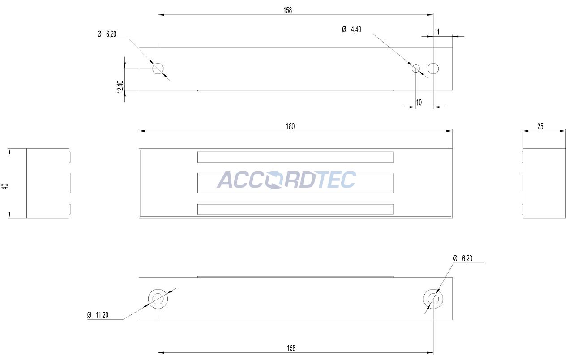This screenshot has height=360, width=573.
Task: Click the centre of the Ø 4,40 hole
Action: click(416, 69)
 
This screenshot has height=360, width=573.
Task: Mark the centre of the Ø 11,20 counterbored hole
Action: click(158, 299)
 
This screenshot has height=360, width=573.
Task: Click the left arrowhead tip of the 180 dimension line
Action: click(139, 131)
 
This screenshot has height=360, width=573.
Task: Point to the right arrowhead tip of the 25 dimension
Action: click(565, 131)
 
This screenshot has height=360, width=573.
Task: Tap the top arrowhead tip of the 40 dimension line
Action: click(9, 148)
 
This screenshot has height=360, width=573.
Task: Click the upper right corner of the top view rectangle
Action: click(452, 47)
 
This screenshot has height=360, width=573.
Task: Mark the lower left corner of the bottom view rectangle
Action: click(139, 320)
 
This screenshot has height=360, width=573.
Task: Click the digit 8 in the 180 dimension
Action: click(290, 126)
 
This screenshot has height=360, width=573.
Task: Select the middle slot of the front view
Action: click(295, 183)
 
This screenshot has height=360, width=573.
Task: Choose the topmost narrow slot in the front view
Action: click(295, 157)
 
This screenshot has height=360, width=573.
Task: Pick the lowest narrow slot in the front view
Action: click(295, 209)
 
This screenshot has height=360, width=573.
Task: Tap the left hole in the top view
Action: click(158, 69)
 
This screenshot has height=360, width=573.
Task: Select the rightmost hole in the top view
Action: click(433, 69)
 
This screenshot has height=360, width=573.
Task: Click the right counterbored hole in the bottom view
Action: click(433, 299)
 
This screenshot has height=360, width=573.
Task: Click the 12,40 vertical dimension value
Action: click(120, 87)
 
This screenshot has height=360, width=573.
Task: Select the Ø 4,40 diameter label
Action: click(352, 30)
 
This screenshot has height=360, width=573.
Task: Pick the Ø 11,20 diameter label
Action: click(98, 315)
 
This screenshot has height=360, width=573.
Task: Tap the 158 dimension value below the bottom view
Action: click(291, 348)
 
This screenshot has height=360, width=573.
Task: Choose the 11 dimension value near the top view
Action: click(436, 32)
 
